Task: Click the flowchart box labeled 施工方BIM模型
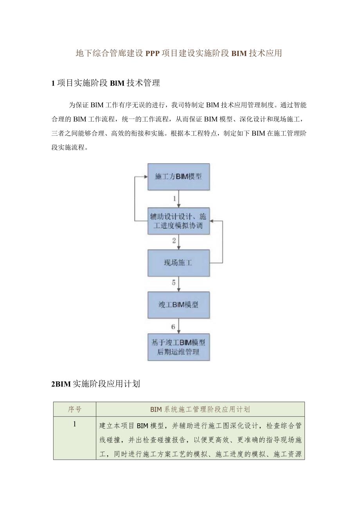coord(178,176)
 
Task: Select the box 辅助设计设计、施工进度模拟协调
coord(178,221)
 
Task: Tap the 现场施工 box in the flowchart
coord(178,263)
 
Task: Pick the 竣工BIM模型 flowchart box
coord(178,305)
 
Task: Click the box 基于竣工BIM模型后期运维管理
coord(178,347)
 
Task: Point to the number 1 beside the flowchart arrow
coord(175,199)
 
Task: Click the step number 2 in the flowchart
coord(174,241)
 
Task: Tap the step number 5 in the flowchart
coord(174,283)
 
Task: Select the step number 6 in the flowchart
coord(173,326)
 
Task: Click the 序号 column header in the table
coord(74,409)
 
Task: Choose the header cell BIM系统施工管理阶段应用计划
coord(200,409)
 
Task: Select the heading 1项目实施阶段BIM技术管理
coord(106,83)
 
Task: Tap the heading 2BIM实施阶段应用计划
coord(95,384)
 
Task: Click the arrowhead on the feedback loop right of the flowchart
coord(212,221)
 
